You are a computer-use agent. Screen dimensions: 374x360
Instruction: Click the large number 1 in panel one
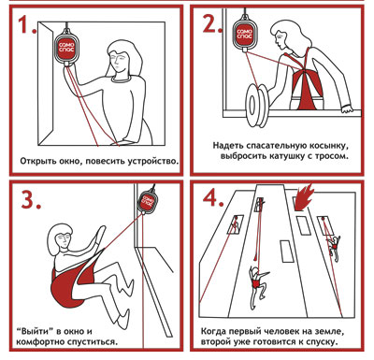click(x=25, y=24)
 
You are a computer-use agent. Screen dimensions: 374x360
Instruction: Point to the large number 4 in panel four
click(x=212, y=197)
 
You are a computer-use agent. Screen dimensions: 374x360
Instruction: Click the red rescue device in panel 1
click(x=65, y=48)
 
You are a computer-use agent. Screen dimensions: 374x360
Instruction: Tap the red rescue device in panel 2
click(x=245, y=35)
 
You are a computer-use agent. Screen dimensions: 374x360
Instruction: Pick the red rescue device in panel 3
click(x=146, y=201)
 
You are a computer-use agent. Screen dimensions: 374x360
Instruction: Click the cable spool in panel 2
click(x=257, y=105)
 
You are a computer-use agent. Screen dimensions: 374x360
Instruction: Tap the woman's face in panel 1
click(x=118, y=62)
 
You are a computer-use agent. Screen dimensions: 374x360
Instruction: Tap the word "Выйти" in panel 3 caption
click(x=33, y=331)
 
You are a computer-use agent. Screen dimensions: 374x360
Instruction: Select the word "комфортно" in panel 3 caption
click(x=38, y=342)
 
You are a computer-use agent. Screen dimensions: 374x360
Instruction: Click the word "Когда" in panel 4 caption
click(x=213, y=331)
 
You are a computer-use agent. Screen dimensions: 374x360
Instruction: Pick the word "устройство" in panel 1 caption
click(x=153, y=162)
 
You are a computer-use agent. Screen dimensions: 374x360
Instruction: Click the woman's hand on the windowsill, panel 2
click(x=347, y=109)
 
